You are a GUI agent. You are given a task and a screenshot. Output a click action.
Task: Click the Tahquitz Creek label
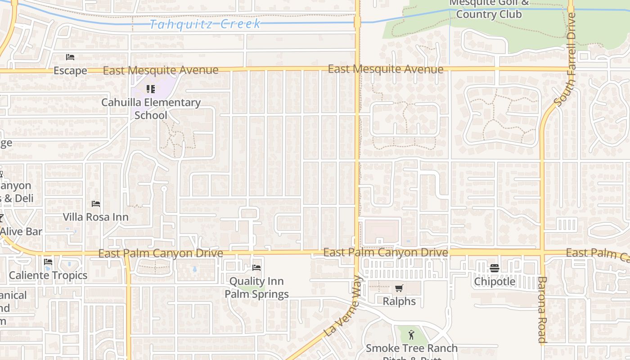click(205, 24)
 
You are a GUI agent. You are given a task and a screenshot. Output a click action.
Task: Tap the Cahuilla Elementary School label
click(151, 108)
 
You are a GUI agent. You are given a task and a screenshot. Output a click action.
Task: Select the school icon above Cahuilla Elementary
click(150, 89)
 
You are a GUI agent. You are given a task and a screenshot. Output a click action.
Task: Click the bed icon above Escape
click(70, 57)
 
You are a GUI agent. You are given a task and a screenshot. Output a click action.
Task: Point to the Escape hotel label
click(70, 71)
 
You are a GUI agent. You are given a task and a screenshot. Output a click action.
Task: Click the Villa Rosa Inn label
click(95, 217)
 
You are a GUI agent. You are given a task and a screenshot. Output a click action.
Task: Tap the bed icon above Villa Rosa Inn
click(95, 204)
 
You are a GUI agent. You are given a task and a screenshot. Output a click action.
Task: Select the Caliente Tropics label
click(48, 275)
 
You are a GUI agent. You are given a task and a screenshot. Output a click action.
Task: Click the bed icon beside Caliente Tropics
click(48, 262)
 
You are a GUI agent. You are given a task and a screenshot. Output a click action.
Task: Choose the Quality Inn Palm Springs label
click(256, 288)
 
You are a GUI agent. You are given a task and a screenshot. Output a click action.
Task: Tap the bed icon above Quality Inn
click(256, 268)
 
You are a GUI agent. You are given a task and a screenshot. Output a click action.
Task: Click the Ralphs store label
click(399, 301)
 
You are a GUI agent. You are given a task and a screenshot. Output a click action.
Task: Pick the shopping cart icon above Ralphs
click(399, 288)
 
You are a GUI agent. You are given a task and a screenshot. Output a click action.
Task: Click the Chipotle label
click(495, 282)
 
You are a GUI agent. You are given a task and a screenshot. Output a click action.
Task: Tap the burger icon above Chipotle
click(495, 269)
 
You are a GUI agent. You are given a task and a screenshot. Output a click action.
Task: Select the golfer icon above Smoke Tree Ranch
click(411, 335)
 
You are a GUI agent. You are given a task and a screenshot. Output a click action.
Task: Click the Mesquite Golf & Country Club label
click(489, 9)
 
